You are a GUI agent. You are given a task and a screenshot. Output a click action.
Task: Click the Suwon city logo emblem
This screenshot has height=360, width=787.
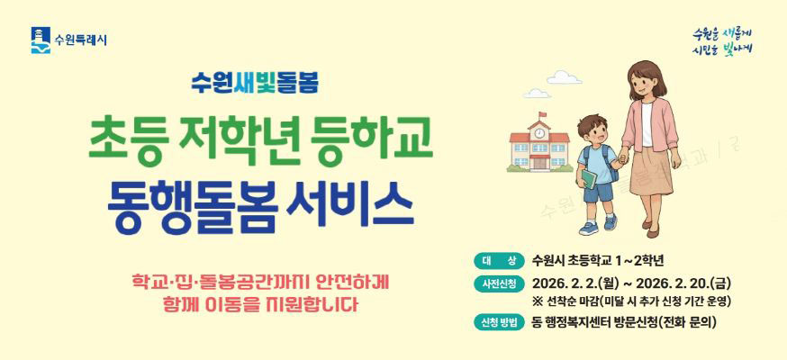(x=41, y=40)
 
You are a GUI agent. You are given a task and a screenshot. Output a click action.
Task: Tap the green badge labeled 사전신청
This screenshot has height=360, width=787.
(x=498, y=284)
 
